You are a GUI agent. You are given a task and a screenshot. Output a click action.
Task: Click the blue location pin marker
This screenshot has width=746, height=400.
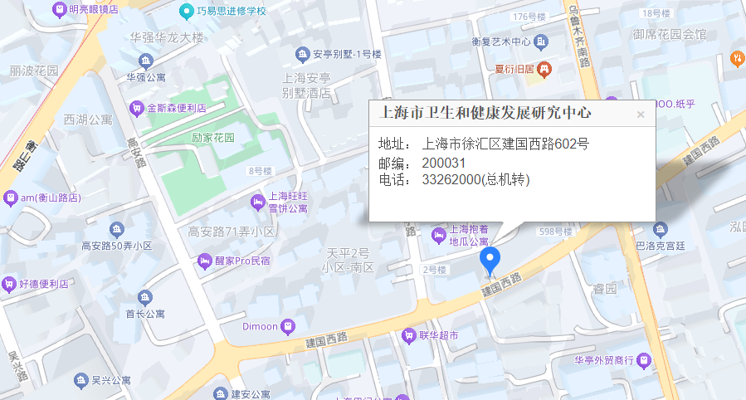(490, 261)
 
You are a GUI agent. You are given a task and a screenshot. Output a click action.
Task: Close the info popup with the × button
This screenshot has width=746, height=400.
(641, 115)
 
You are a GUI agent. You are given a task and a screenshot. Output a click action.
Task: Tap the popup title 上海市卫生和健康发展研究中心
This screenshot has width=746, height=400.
(485, 112)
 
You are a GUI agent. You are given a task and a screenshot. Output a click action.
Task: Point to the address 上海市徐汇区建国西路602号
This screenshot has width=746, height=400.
(505, 144)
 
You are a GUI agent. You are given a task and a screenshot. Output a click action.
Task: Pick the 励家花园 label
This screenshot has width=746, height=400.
(212, 138)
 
